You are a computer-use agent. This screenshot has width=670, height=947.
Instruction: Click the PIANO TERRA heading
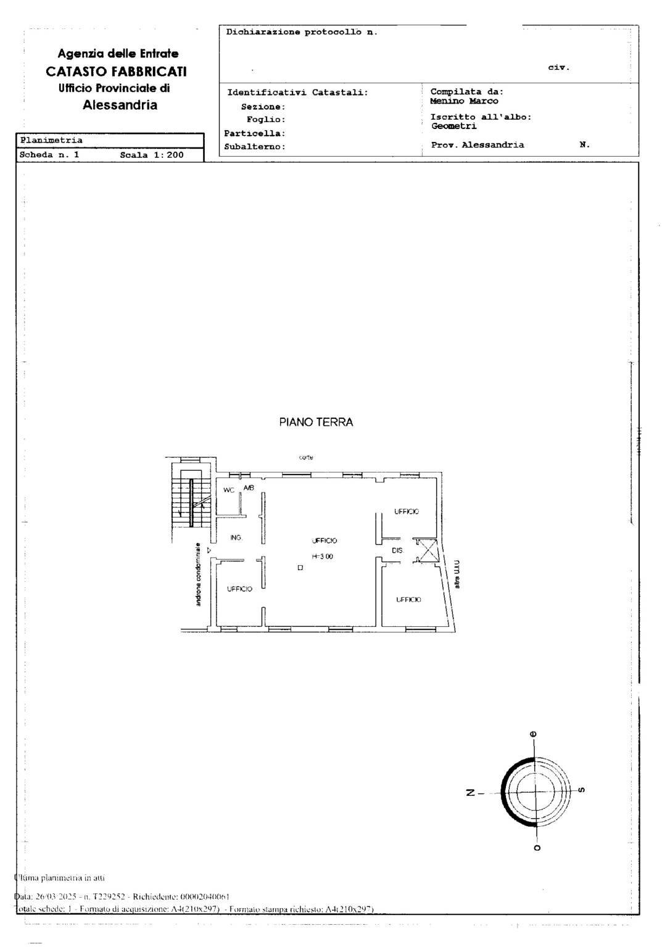316,423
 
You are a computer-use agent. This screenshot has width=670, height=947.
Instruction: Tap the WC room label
229,490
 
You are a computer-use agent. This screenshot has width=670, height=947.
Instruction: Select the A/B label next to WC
249,488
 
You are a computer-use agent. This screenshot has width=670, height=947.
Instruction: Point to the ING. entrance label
236,538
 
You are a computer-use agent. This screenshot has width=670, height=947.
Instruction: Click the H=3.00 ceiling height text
322,556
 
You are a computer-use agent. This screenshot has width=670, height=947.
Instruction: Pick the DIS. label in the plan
397,550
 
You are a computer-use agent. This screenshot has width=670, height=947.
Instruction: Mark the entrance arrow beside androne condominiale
210,550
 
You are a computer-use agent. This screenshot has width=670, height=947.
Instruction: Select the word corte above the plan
306,458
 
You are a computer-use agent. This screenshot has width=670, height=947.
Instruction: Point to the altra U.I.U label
457,574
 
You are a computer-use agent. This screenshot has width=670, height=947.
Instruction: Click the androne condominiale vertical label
198,574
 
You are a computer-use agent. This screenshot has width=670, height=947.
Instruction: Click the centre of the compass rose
534,792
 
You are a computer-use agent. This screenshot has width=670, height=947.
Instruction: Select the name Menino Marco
464,101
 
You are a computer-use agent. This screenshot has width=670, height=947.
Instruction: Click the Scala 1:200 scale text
152,155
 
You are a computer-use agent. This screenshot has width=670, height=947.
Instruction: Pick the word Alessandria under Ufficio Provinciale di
120,105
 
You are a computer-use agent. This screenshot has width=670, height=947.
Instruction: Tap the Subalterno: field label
255,147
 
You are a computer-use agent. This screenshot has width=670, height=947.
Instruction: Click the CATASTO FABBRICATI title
116,72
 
